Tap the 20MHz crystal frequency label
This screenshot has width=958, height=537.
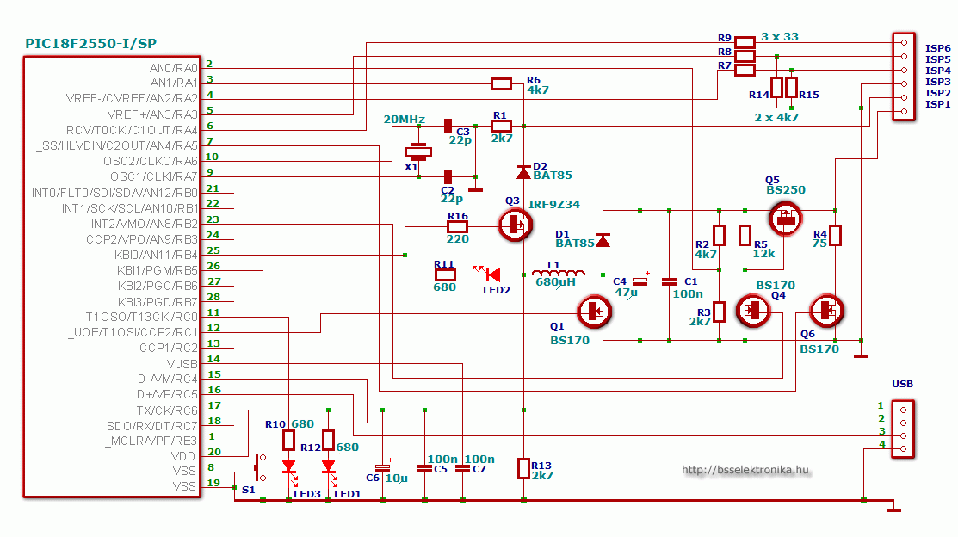point(404,119)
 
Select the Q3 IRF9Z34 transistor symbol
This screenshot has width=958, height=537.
point(516,226)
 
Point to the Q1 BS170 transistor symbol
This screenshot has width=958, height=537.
point(593,312)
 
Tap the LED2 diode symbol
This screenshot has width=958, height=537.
point(491,275)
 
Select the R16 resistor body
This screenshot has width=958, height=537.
point(457,226)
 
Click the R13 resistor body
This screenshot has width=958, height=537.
point(523,467)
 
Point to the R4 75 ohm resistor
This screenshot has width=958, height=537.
point(835,235)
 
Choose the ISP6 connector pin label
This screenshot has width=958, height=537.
point(937,48)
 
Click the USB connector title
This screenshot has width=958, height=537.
point(902,384)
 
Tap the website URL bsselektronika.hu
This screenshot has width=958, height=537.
point(745,470)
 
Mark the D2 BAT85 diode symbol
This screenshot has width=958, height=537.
point(523,172)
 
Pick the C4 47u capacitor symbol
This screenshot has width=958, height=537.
point(640,281)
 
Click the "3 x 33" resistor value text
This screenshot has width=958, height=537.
point(780,37)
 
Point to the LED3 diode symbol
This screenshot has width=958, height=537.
point(288,467)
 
